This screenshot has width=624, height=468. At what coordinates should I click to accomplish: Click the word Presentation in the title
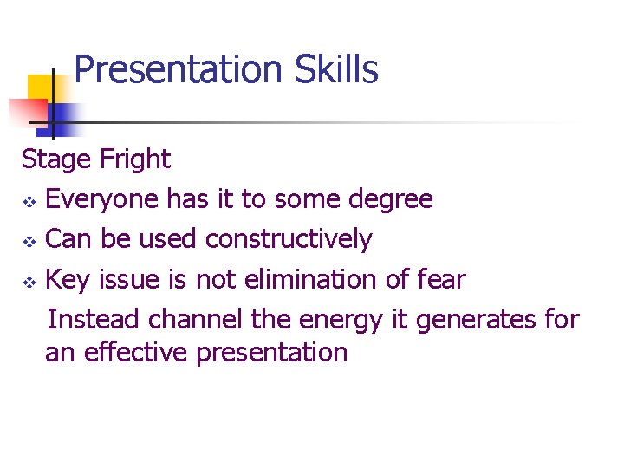point(179,69)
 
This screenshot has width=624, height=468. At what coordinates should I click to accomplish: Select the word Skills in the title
point(336,69)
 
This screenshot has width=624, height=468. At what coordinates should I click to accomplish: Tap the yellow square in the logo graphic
point(41,87)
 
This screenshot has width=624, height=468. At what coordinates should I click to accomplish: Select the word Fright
point(135,159)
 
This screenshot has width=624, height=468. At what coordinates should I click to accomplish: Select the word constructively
point(289,239)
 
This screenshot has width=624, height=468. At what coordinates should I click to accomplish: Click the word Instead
point(94,319)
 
